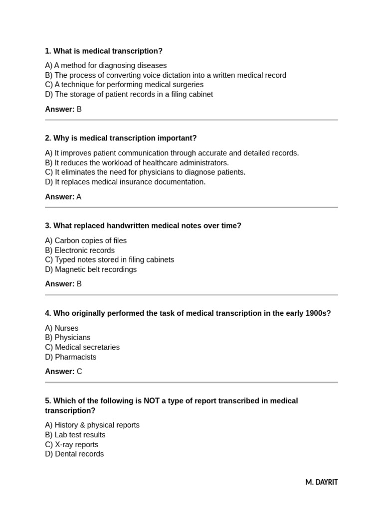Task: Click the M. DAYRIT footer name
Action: [x=321, y=482]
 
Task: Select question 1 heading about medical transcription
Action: [x=104, y=51]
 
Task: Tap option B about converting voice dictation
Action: [x=166, y=75]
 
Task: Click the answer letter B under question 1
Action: [x=79, y=109]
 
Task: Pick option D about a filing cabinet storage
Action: [x=129, y=94]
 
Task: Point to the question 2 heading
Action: [x=121, y=138]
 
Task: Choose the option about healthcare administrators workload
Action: [x=137, y=162]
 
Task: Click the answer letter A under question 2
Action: [x=79, y=197]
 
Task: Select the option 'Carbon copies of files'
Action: [x=86, y=241]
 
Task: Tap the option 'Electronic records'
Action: [x=80, y=250]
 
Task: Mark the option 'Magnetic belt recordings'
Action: [x=91, y=269]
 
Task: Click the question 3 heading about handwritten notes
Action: [x=143, y=226]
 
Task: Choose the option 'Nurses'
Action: [x=62, y=328]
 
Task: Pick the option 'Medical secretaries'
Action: [x=82, y=347]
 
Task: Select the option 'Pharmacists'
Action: [x=71, y=357]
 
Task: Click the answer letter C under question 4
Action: [x=79, y=372]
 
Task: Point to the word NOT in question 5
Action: [x=152, y=400]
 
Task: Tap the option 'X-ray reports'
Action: [x=72, y=444]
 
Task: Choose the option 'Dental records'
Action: [x=74, y=454]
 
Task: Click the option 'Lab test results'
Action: [x=75, y=435]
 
